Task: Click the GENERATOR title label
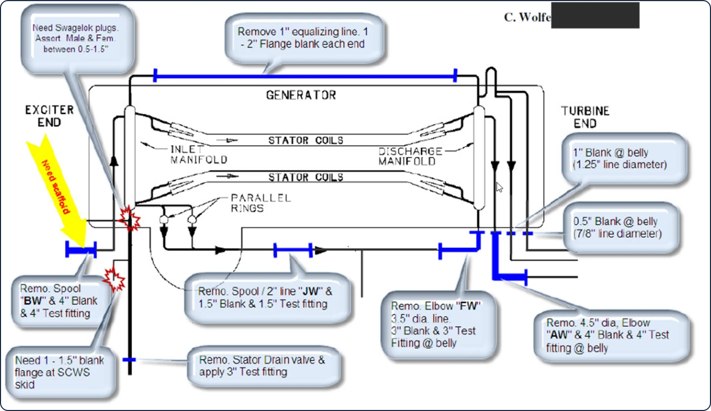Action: click(x=301, y=95)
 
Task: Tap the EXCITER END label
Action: click(x=49, y=116)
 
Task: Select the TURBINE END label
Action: click(x=585, y=117)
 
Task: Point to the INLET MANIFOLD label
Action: click(x=199, y=154)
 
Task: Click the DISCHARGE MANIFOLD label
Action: click(x=410, y=156)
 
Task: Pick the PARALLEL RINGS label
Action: click(x=261, y=203)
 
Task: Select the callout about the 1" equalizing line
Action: click(x=303, y=38)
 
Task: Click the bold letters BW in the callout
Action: click(x=33, y=301)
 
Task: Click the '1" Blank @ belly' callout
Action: click(x=624, y=158)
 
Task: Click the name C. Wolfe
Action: click(x=527, y=17)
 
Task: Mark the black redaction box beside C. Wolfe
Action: click(x=595, y=15)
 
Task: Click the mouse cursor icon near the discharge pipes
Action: click(x=500, y=187)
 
